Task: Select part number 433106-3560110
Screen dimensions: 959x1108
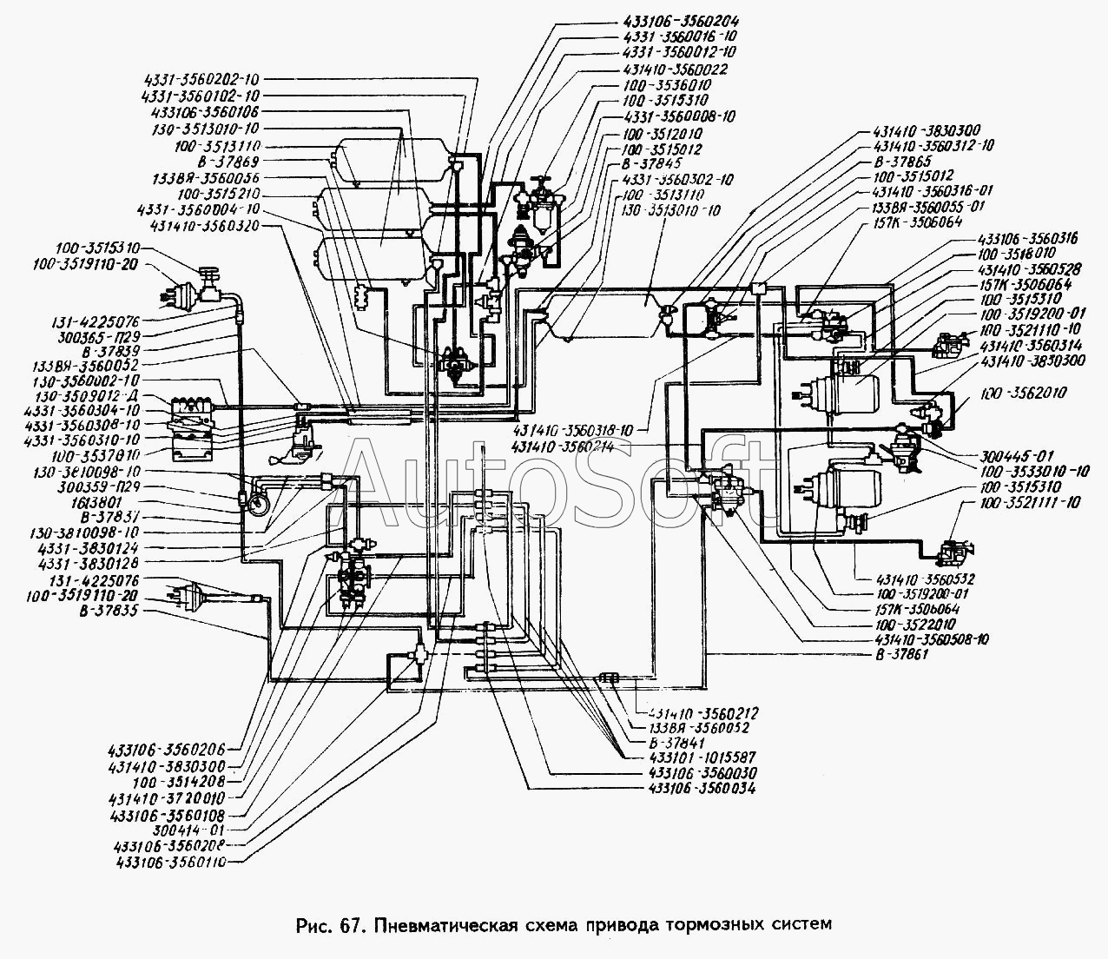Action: (169, 858)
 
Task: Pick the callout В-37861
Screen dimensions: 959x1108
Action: (896, 654)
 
